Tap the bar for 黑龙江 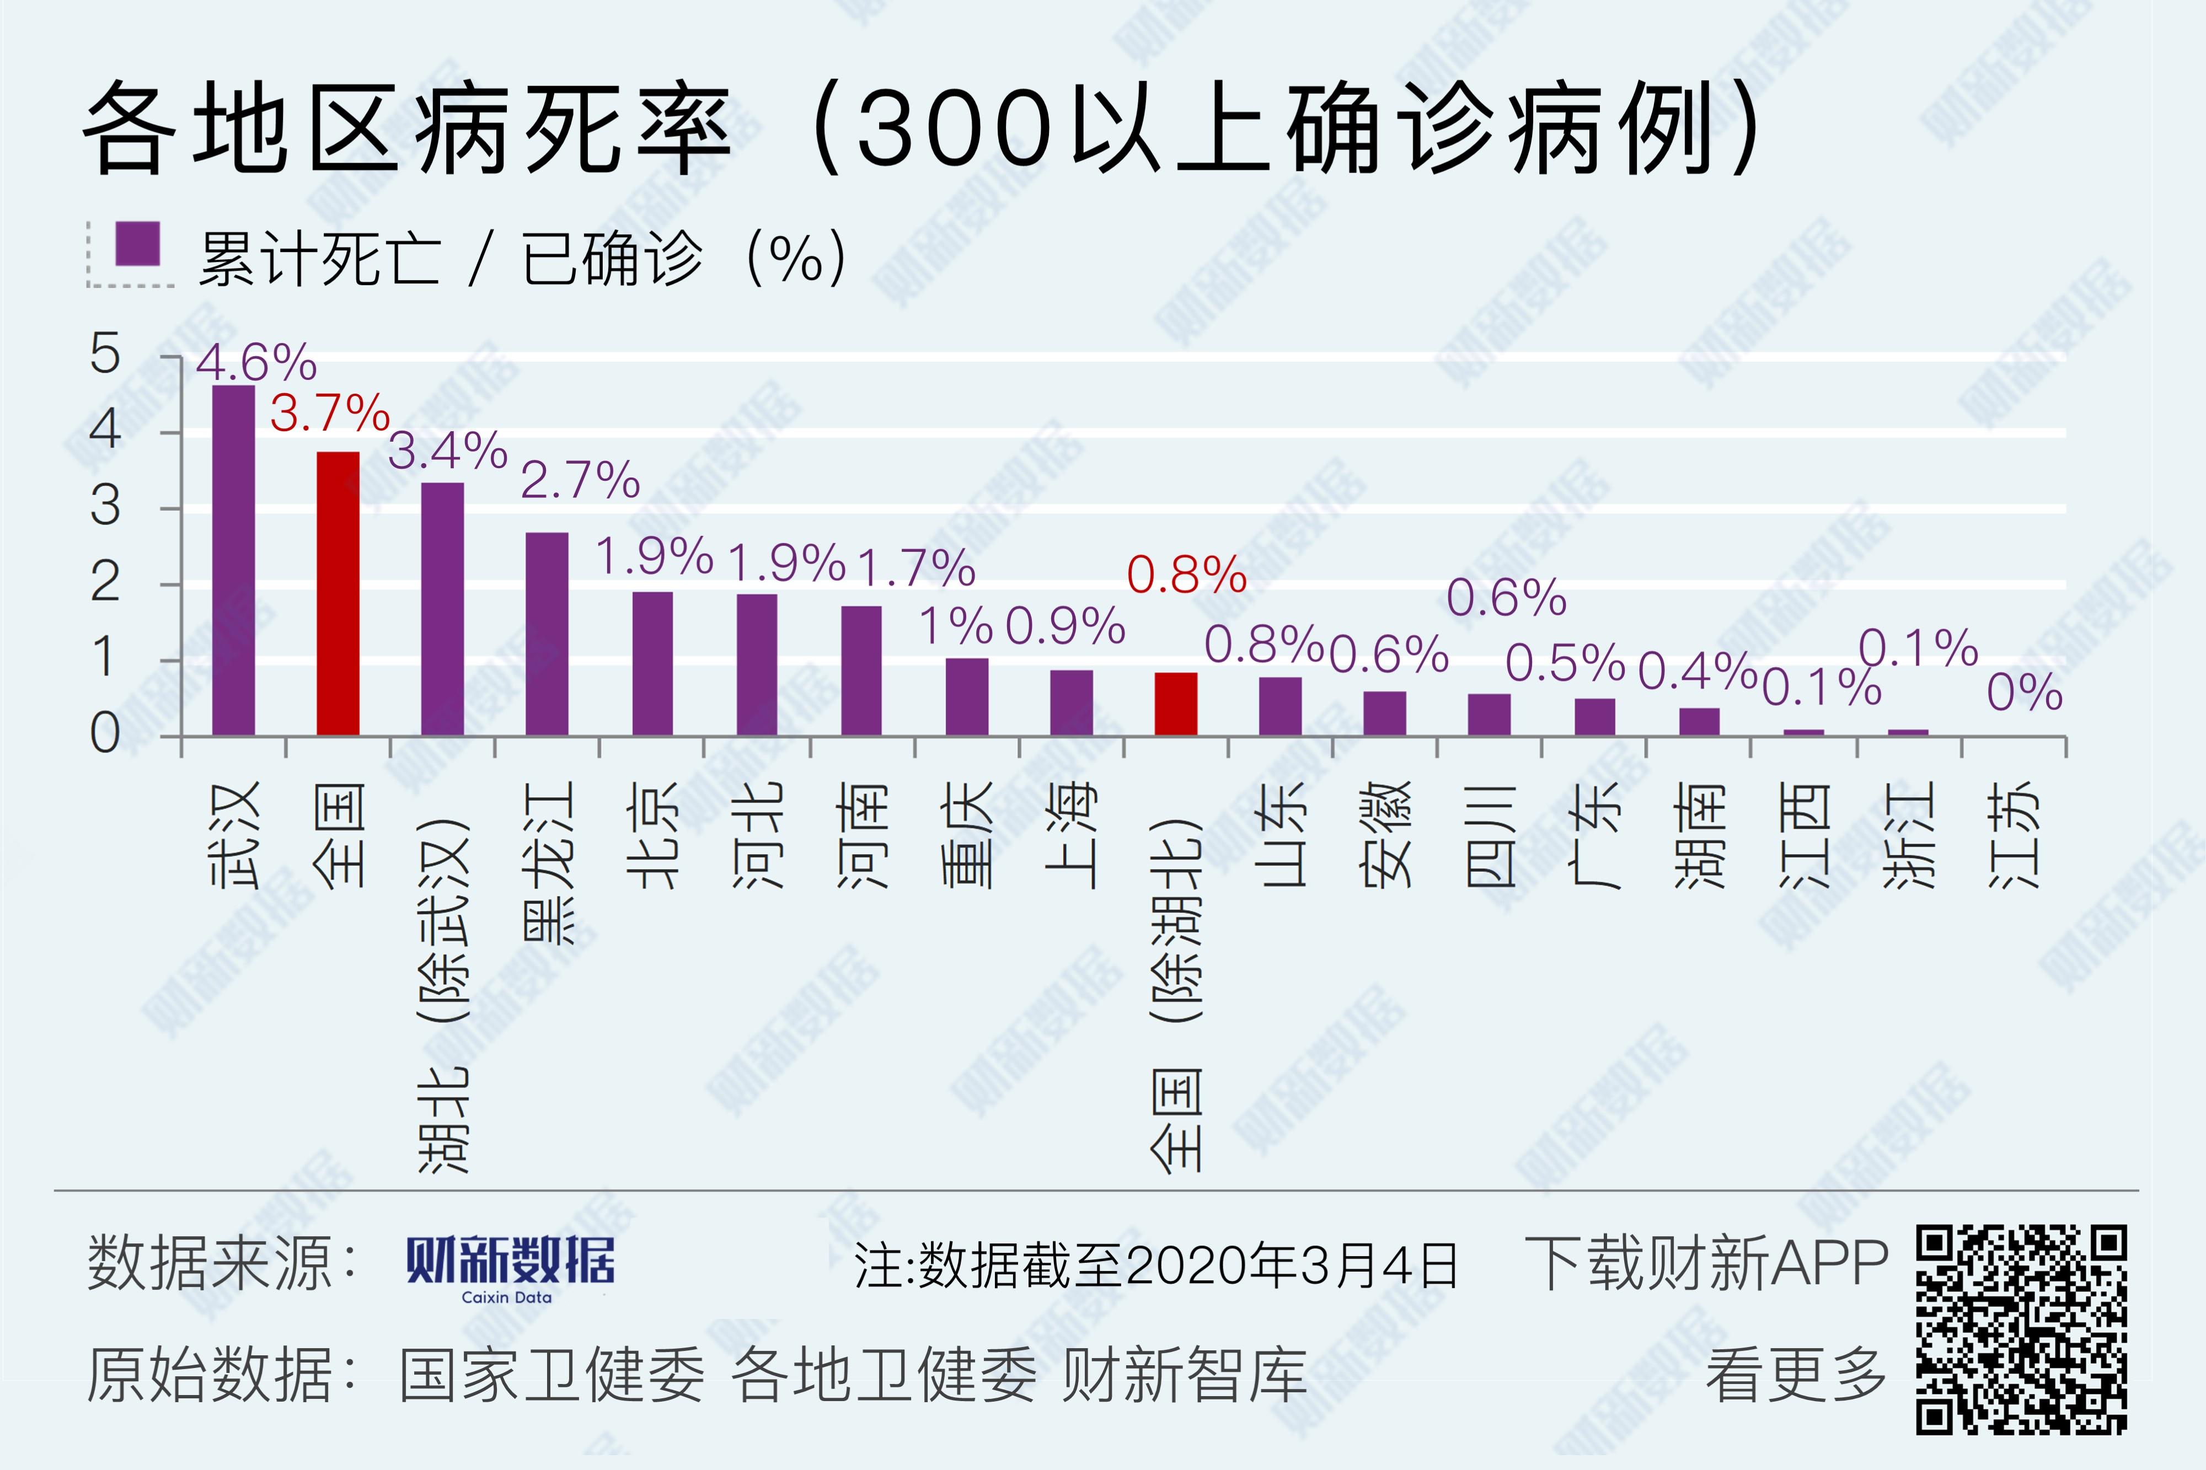coord(547,633)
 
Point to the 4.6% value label coord(256,362)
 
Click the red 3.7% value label coord(329,414)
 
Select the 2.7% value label coord(580,480)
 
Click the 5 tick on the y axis coord(105,355)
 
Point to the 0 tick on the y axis coord(105,734)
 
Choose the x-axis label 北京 coord(652,834)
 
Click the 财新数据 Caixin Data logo coord(510,1268)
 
